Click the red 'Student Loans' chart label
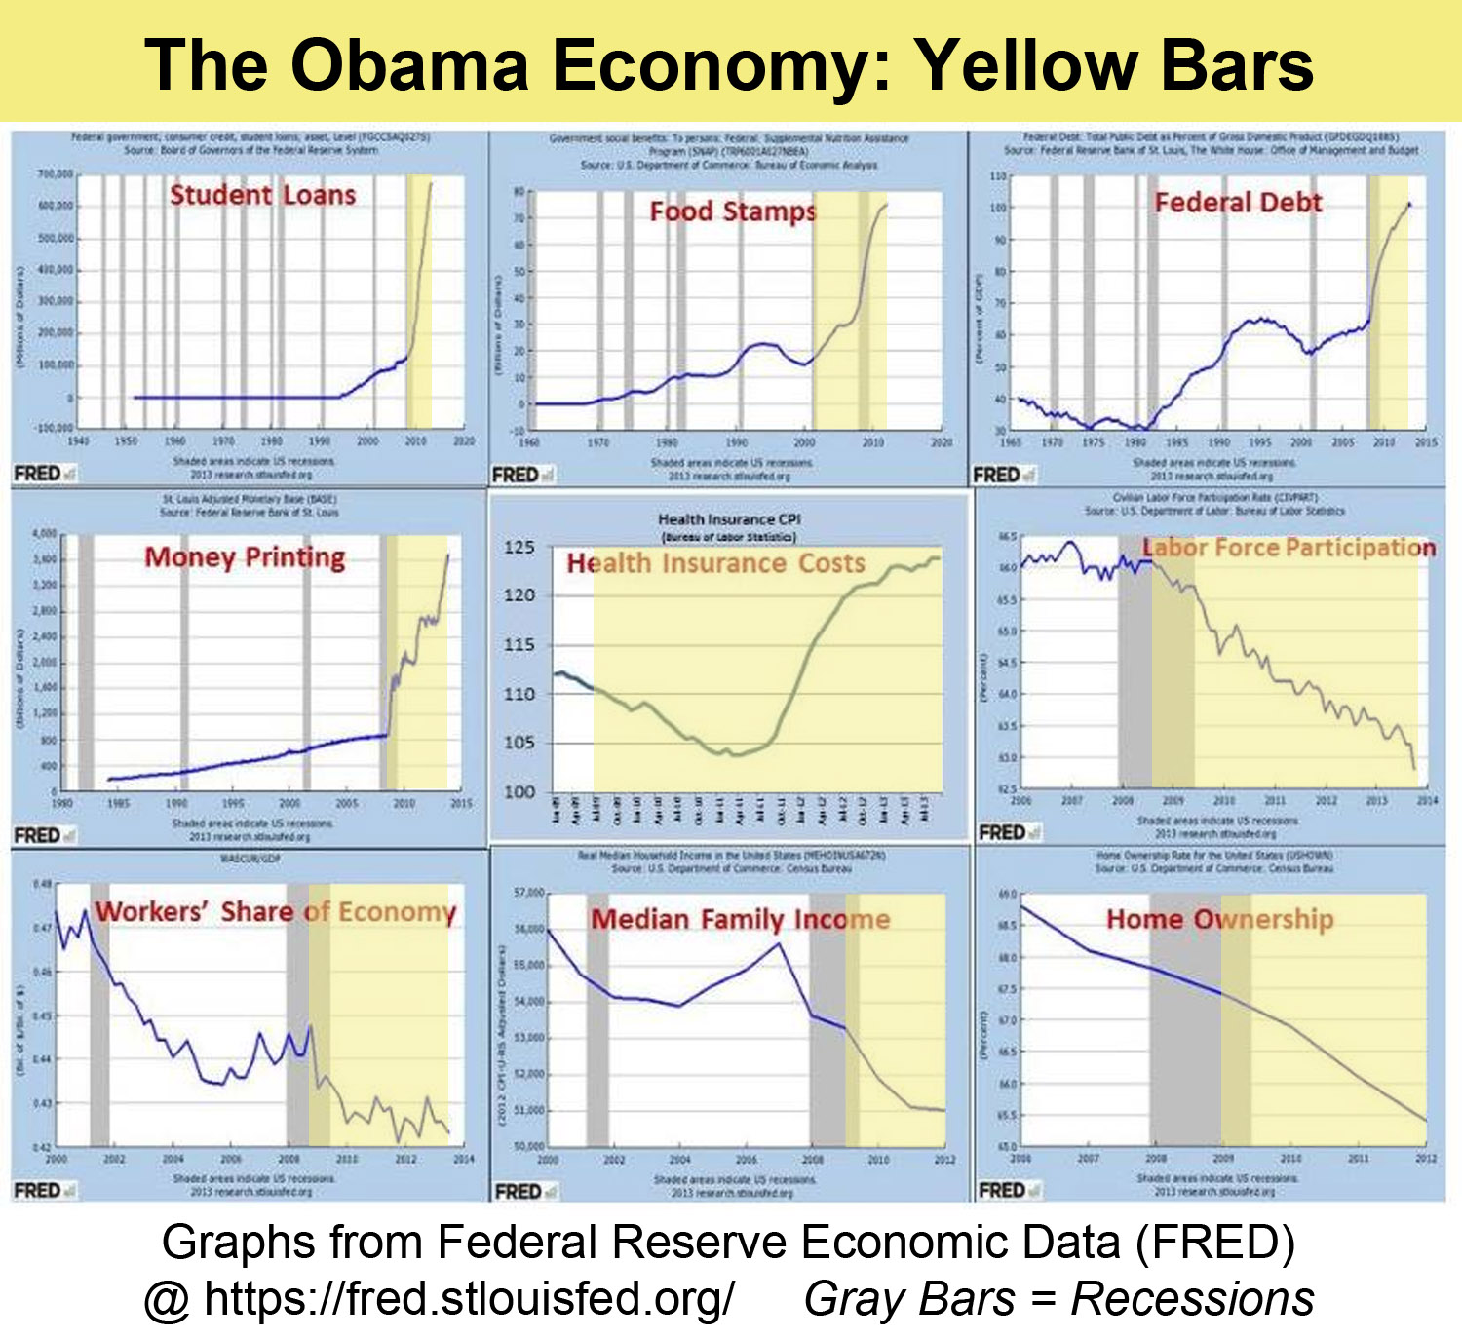pos(263,195)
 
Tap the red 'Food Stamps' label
pos(733,211)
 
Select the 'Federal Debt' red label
pos(1238,203)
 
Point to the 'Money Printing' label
pos(245,557)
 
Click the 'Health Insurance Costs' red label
pos(716,563)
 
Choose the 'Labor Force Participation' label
pos(1289,548)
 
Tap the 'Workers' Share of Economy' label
pos(276,912)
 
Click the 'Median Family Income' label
pos(741,919)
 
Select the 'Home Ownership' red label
pos(1220,919)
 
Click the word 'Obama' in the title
pos(409,66)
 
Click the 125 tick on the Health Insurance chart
pos(519,548)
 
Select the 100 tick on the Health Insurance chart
pos(519,792)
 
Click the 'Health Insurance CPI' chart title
pos(729,519)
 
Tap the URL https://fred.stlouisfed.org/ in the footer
pos(469,1299)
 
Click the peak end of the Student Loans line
pos(432,182)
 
